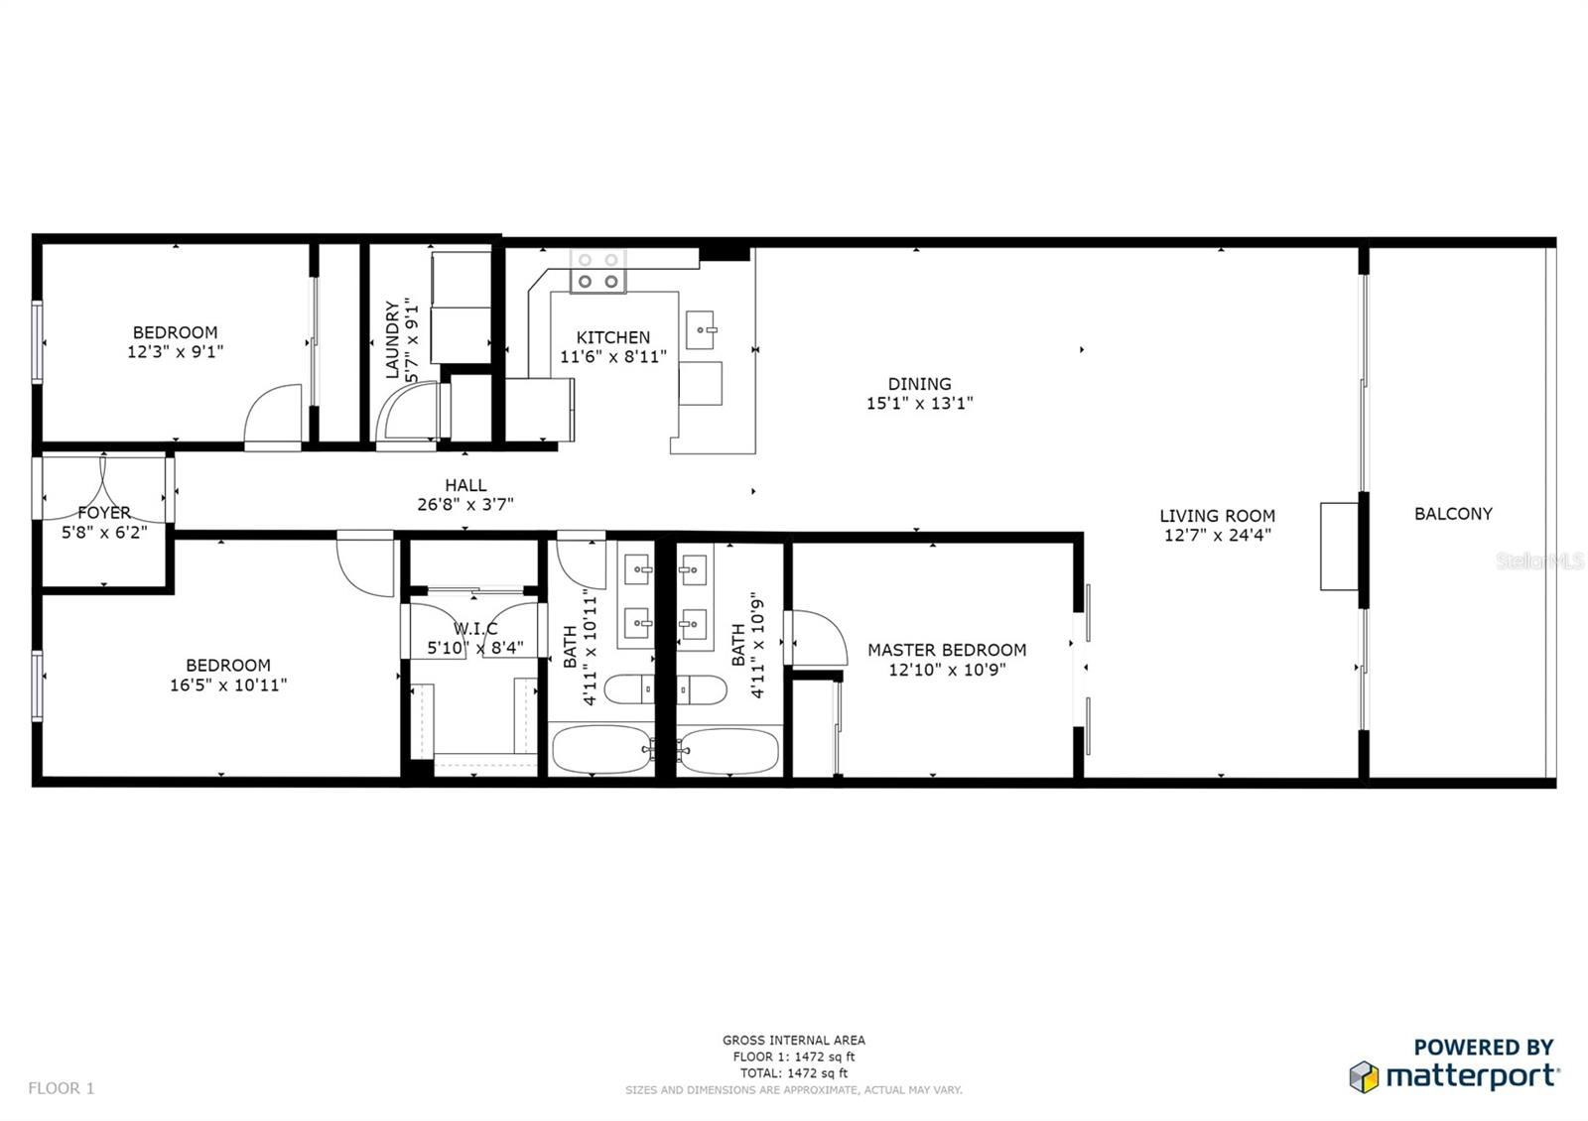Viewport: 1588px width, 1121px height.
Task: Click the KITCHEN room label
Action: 612,337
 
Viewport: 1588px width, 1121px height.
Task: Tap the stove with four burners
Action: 597,271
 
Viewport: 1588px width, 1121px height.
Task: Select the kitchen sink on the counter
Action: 704,326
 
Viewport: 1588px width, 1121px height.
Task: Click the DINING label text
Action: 919,384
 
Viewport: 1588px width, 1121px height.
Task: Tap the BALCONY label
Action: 1453,514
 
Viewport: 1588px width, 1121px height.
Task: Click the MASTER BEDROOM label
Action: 947,650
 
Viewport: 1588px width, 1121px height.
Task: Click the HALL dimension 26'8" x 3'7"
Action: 465,505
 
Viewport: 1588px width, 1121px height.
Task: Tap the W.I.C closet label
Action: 475,629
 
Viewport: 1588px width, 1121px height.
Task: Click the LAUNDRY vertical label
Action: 392,339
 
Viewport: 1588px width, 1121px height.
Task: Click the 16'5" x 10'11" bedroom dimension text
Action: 228,685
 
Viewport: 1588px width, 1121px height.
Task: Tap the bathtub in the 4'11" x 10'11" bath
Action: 600,750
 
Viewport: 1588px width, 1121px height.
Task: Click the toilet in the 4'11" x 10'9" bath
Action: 703,688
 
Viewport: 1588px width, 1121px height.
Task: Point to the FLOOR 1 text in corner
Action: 61,1088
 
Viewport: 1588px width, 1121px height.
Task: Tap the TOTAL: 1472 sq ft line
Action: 793,1072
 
